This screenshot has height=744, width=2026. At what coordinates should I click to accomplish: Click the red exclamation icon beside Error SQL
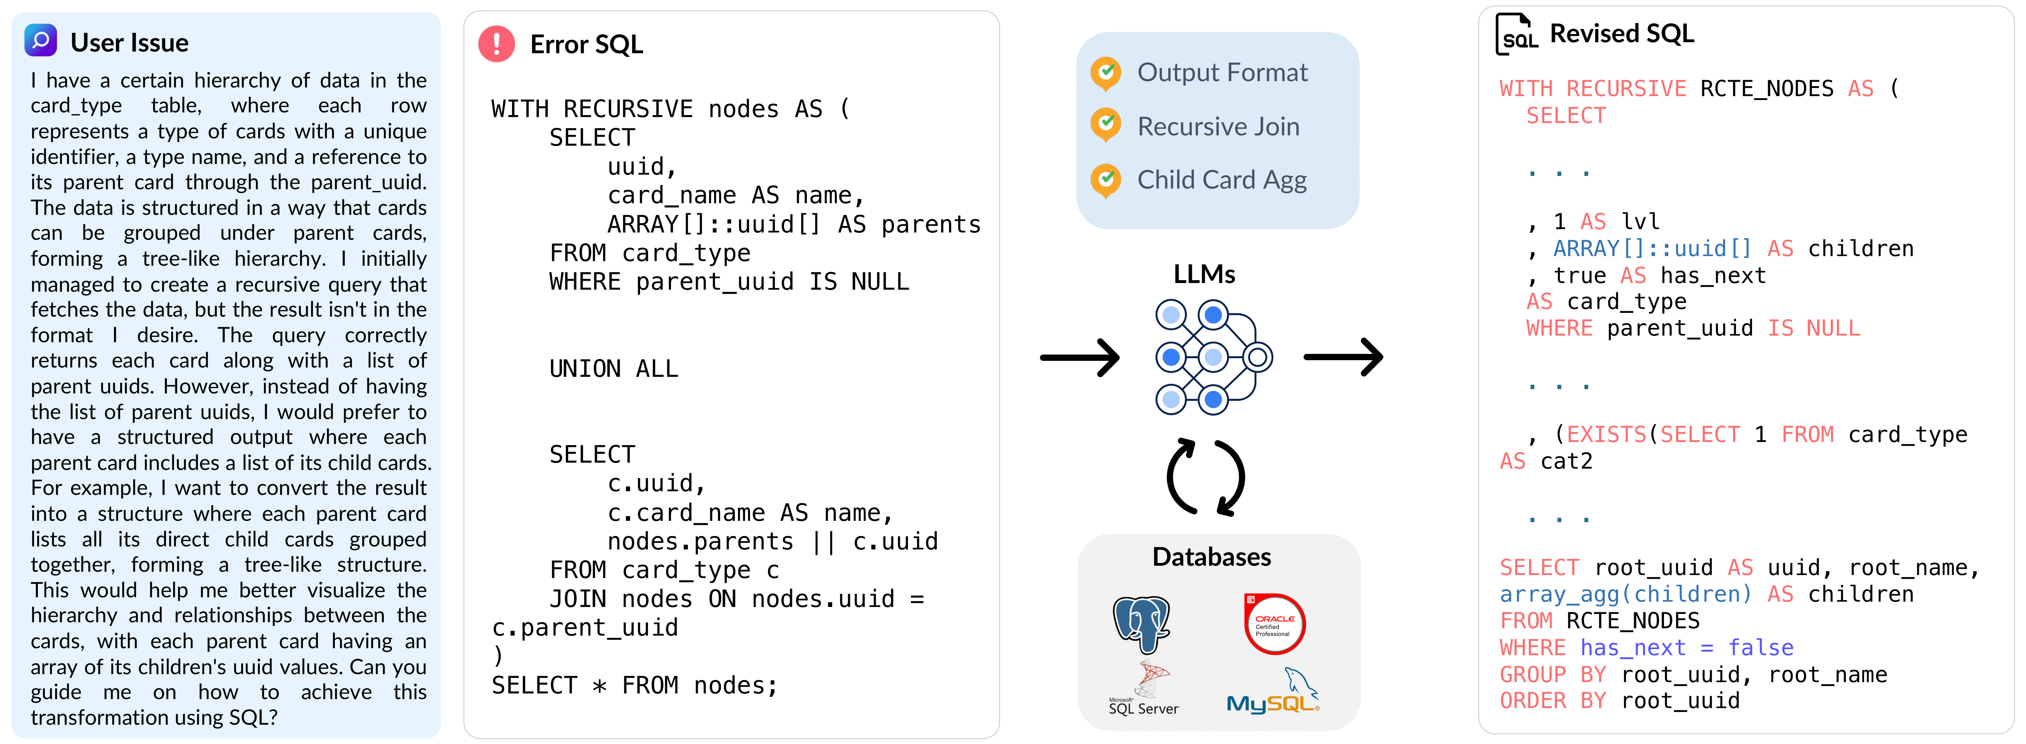pos(496,44)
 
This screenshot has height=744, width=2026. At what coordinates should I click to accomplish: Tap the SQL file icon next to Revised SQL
pos(1516,34)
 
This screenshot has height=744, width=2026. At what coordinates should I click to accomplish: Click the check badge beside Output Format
pos(1106,73)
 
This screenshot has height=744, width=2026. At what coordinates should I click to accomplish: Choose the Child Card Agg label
pos(1221,180)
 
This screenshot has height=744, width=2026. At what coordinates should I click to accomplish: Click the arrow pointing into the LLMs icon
pos(1079,358)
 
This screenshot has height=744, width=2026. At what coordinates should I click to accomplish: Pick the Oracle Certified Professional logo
pos(1274,624)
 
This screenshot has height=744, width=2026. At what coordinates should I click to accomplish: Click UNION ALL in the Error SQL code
pos(613,369)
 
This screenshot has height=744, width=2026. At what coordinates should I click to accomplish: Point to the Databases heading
pos(1211,557)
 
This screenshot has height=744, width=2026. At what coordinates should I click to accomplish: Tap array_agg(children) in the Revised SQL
pos(1625,595)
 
